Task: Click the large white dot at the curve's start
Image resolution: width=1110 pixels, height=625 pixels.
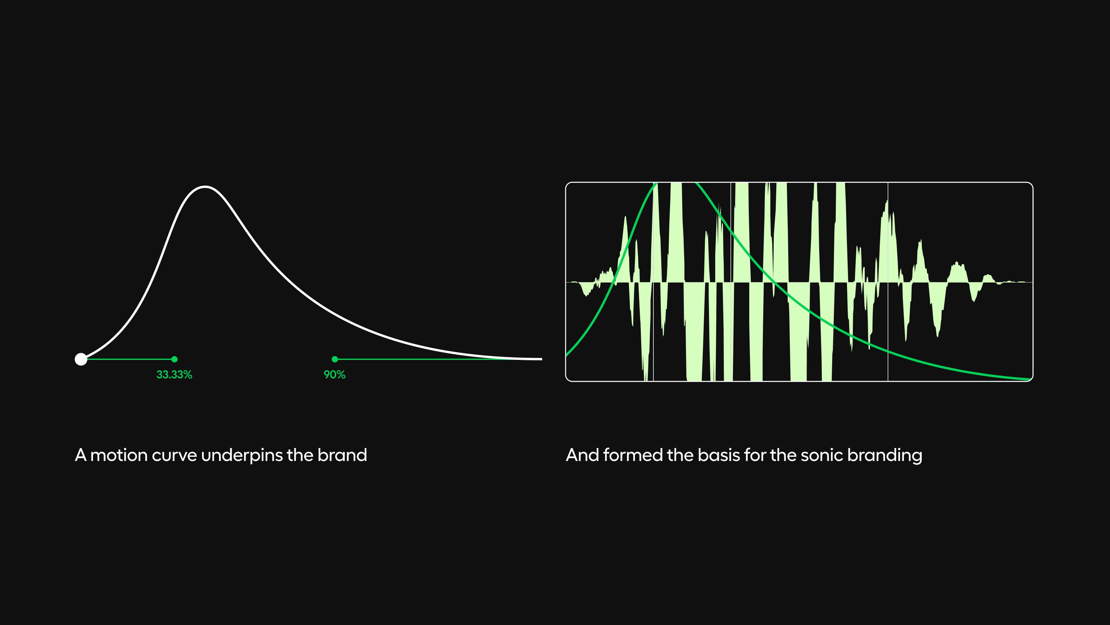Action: (x=81, y=359)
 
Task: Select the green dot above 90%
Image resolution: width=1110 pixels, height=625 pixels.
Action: (x=335, y=359)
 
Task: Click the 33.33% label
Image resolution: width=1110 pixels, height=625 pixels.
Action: (x=174, y=374)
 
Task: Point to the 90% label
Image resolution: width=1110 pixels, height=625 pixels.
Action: (x=335, y=374)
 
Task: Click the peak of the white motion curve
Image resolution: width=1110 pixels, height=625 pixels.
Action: (x=205, y=187)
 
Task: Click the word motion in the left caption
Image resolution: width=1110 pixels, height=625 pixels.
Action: (x=119, y=455)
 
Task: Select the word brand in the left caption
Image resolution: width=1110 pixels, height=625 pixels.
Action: (x=342, y=455)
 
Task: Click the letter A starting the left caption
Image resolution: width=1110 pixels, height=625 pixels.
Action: (x=81, y=455)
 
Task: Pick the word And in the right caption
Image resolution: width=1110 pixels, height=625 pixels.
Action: (x=583, y=455)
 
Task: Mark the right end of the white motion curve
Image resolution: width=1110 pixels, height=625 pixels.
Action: (x=541, y=359)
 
